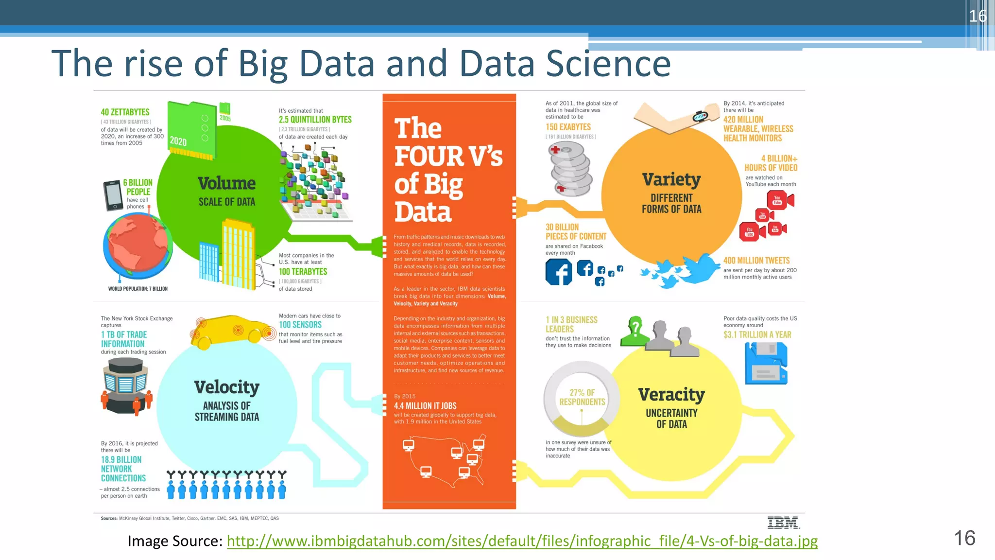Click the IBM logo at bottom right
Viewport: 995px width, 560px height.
[783, 523]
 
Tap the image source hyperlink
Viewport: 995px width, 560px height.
[522, 541]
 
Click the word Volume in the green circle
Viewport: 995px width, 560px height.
[226, 184]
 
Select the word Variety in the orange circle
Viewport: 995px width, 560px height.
[671, 180]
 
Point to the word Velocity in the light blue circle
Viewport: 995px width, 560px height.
[226, 387]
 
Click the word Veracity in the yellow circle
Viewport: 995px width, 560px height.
[671, 395]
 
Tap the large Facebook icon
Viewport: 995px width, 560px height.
[559, 272]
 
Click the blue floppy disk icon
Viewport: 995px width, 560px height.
[766, 363]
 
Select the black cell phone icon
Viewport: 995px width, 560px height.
[113, 195]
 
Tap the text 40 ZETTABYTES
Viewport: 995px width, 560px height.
[125, 112]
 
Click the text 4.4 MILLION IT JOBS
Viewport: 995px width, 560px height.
[425, 406]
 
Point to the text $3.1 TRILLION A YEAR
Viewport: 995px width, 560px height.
[757, 335]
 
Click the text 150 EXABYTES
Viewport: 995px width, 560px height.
[568, 127]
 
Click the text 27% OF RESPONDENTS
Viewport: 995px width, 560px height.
[582, 397]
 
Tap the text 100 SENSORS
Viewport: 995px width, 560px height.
[300, 325]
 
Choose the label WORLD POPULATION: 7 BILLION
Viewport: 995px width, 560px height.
[138, 289]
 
